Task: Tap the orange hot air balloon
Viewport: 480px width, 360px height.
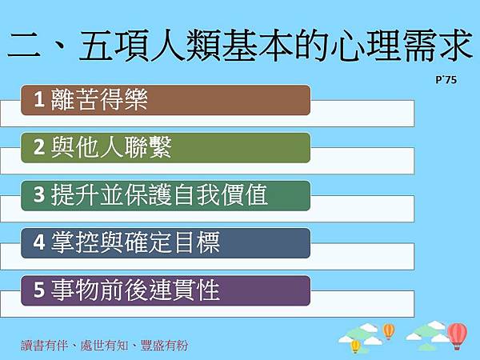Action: (389, 330)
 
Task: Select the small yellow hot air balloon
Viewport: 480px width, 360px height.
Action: (356, 346)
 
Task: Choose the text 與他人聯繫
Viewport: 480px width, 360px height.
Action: (110, 147)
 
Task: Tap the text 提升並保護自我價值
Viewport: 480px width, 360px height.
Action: (158, 195)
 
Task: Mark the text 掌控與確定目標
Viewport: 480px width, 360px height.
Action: (134, 242)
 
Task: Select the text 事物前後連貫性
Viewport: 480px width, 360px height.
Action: (134, 290)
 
